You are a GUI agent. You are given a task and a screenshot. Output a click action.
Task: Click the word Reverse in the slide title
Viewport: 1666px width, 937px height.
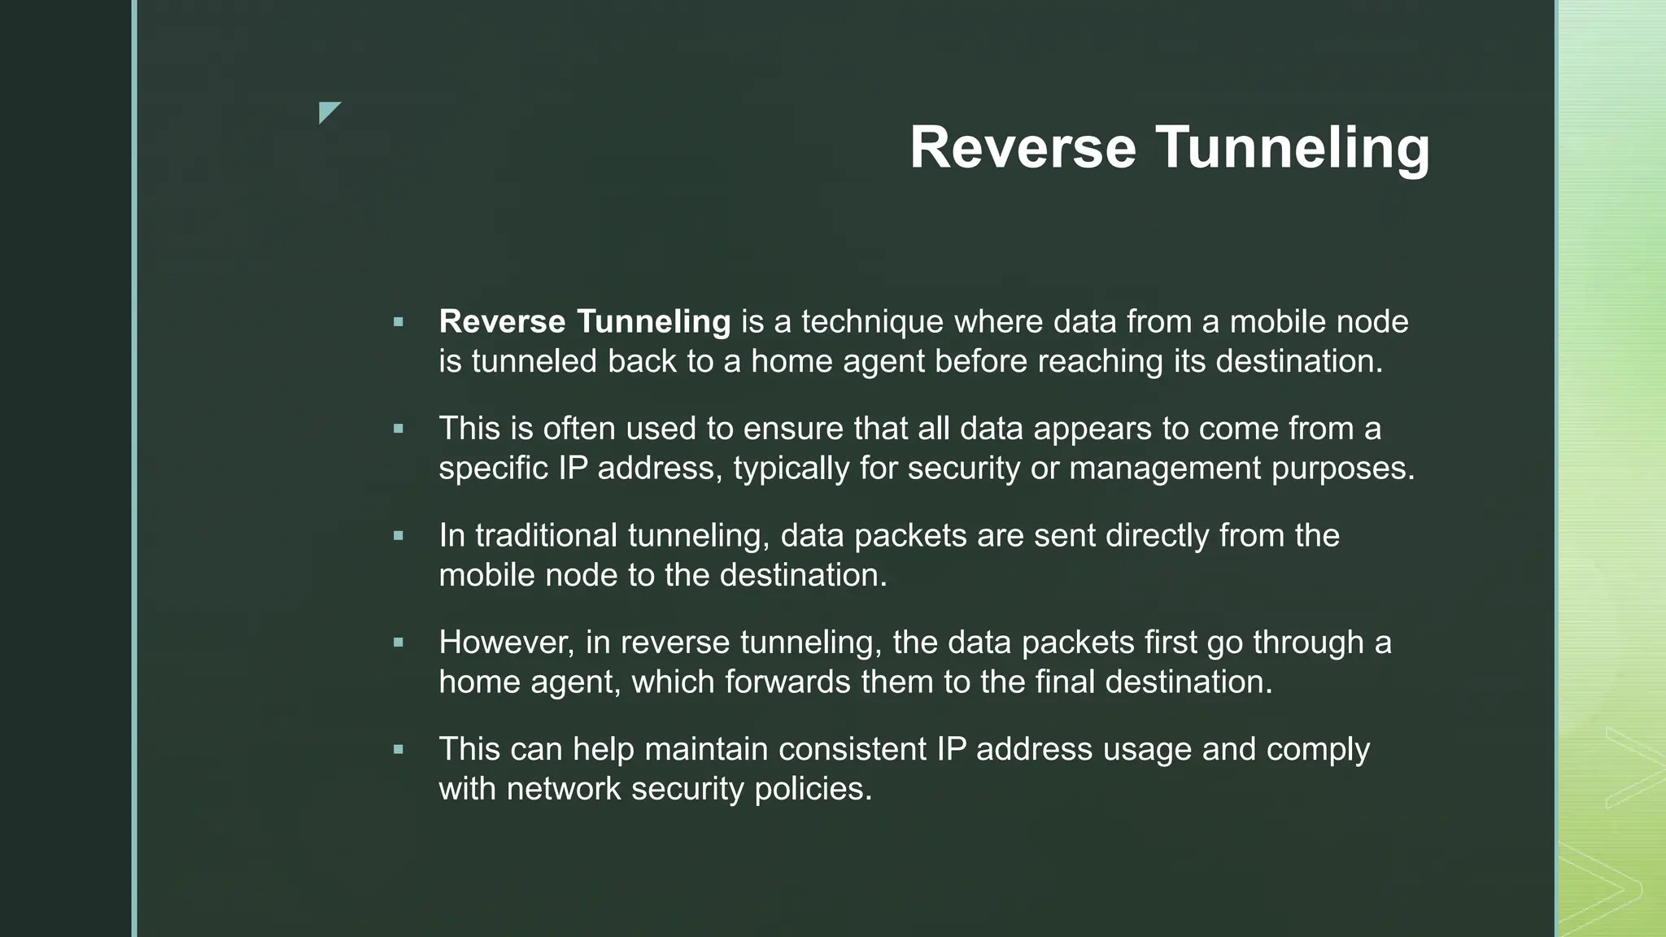1023,148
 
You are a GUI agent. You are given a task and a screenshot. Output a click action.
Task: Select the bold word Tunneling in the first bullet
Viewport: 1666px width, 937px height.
653,322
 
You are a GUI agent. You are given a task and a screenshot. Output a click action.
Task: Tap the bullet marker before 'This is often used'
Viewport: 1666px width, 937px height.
398,429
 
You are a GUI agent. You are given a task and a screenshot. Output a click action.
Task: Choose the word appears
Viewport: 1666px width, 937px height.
1092,429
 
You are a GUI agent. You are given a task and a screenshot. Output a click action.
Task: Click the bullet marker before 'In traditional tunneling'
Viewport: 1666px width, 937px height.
398,536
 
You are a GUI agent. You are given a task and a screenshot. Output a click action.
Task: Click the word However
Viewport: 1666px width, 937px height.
506,643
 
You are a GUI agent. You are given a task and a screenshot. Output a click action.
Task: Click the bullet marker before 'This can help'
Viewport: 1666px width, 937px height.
398,749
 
